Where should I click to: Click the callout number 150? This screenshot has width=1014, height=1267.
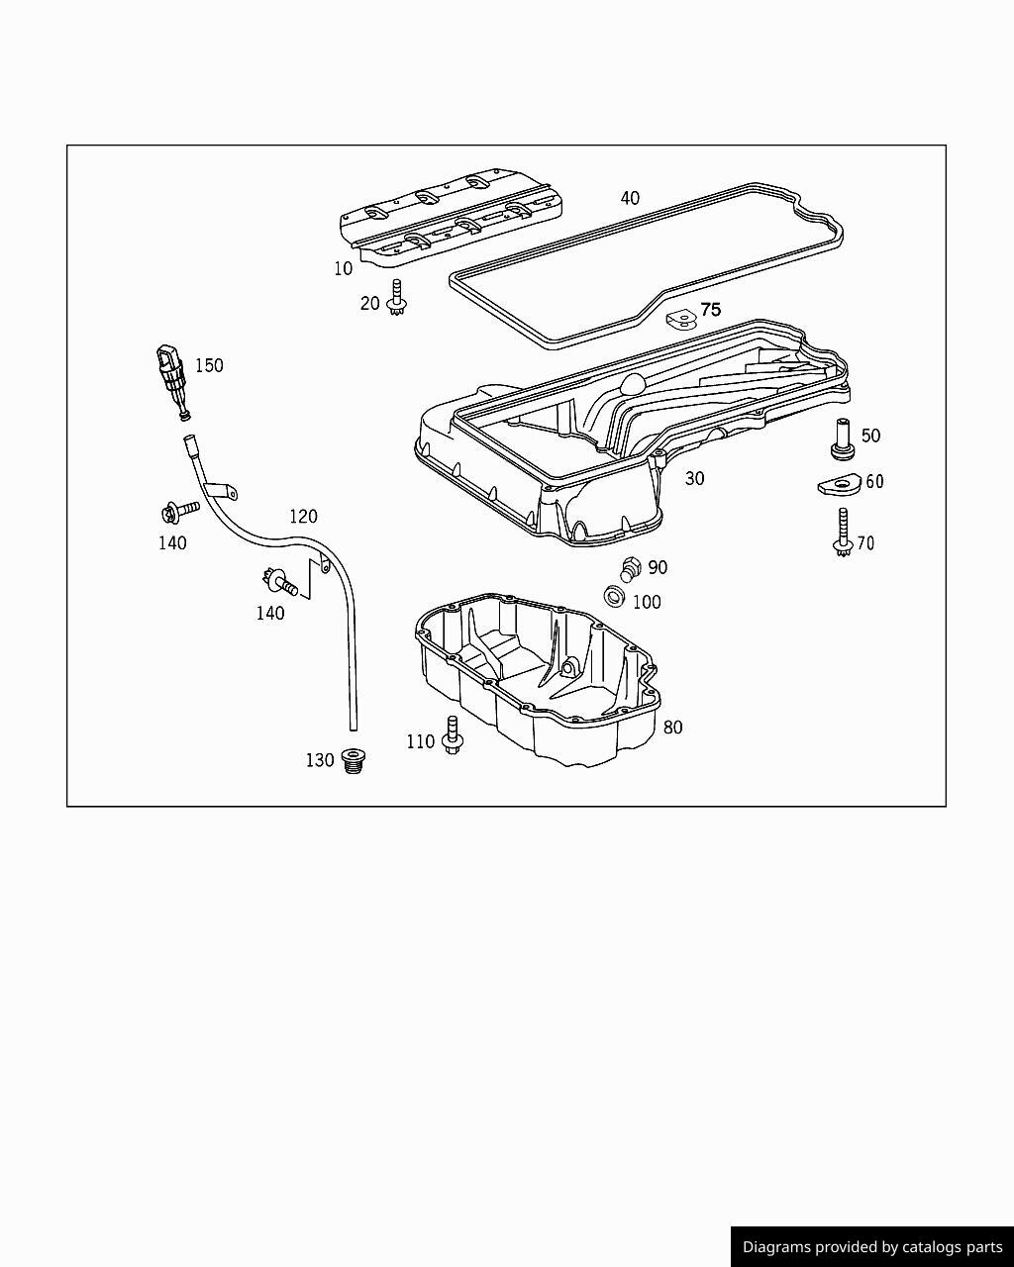pos(209,365)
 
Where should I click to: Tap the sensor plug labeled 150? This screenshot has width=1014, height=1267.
pos(170,376)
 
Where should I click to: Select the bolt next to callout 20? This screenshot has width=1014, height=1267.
pos(398,299)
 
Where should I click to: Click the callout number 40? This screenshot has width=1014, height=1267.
pos(630,198)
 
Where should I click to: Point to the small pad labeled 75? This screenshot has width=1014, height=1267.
pos(679,318)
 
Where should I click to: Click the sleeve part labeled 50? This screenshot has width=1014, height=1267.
pos(843,439)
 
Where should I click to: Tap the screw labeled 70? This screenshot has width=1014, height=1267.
pos(843,533)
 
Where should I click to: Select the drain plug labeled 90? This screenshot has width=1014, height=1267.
pos(629,569)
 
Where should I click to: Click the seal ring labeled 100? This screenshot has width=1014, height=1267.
pos(614,597)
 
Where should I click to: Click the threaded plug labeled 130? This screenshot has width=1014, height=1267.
pos(351,760)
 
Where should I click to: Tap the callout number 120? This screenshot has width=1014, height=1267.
pos(303,517)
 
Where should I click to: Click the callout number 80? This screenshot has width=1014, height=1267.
pos(672,728)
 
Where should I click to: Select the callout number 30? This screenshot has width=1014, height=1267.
pos(695,479)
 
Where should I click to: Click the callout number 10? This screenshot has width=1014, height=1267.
pos(343,268)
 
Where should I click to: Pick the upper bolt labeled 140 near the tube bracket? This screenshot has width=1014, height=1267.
pos(178,511)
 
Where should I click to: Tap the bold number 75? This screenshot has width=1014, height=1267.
pos(711,310)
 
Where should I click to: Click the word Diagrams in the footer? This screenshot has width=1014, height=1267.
pos(777,1247)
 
